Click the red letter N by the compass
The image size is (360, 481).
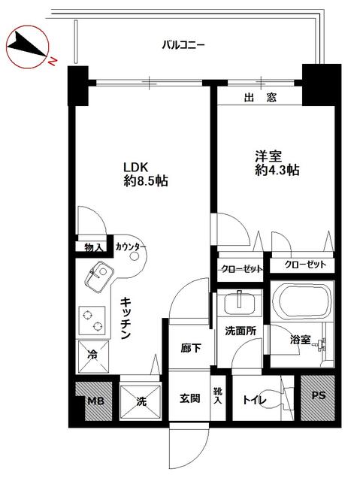click(53, 62)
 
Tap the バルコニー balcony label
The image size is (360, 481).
click(183, 46)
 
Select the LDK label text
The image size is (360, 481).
click(135, 168)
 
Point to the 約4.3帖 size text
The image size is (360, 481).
click(277, 170)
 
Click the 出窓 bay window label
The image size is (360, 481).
click(260, 98)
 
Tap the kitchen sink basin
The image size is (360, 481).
click(99, 277)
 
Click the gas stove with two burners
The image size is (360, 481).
click(92, 320)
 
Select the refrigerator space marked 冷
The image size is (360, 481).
click(92, 356)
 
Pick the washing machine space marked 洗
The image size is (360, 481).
click(141, 401)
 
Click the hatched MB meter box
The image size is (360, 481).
click(93, 401)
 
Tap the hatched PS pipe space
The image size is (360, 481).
click(317, 398)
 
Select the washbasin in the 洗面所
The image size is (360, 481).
click(240, 304)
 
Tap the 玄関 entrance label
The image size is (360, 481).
click(190, 398)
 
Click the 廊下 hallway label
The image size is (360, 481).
click(190, 348)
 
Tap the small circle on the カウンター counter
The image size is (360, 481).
click(135, 256)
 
